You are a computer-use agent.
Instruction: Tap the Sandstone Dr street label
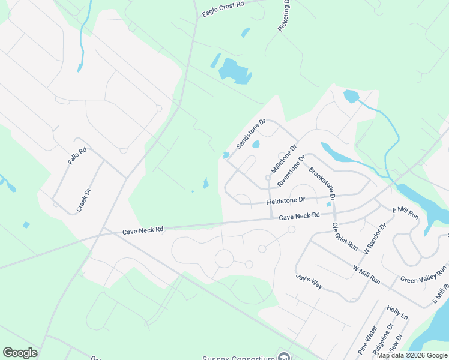click(251, 134)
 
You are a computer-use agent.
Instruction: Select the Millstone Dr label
click(284, 158)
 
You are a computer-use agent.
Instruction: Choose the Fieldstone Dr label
click(286, 200)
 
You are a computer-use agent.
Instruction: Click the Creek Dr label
click(83, 200)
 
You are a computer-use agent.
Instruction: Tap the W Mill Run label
click(366, 274)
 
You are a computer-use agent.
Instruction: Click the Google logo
click(20, 353)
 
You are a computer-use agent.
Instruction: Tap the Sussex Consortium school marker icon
click(284, 357)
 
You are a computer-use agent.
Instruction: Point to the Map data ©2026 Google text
click(411, 355)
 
